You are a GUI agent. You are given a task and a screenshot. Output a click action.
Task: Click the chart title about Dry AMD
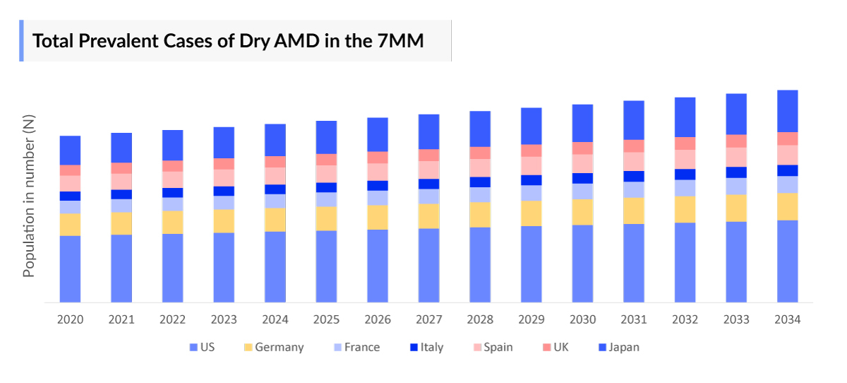(x=228, y=41)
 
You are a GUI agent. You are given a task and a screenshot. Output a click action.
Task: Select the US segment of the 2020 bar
(x=70, y=269)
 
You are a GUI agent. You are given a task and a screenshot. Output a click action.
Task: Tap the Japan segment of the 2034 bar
(x=787, y=111)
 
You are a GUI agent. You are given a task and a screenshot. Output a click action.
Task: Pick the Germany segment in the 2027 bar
(x=428, y=216)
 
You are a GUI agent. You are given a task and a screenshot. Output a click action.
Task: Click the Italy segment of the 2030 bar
(x=582, y=178)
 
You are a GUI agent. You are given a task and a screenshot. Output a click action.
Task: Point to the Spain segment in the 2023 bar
(x=224, y=177)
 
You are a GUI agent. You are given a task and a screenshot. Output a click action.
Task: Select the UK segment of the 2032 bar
(x=685, y=143)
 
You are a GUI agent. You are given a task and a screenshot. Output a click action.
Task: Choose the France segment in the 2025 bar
(x=326, y=199)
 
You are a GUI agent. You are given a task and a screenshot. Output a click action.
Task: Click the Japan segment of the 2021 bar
(x=121, y=148)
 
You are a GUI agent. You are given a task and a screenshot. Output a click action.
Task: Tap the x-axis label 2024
(x=275, y=320)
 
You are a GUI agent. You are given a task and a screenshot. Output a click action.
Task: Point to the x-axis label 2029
(x=531, y=320)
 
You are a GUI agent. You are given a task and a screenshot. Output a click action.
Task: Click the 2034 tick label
(x=787, y=320)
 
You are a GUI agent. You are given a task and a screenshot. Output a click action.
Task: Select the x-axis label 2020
(x=70, y=320)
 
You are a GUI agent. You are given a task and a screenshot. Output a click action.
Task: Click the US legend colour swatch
(x=193, y=348)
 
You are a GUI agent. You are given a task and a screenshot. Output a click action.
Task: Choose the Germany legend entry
(x=280, y=348)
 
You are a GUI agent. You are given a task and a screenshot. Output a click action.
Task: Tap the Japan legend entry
(x=623, y=348)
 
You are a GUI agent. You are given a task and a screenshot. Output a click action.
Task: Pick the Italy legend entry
(x=432, y=348)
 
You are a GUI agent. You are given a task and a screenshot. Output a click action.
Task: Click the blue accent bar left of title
(x=21, y=41)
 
